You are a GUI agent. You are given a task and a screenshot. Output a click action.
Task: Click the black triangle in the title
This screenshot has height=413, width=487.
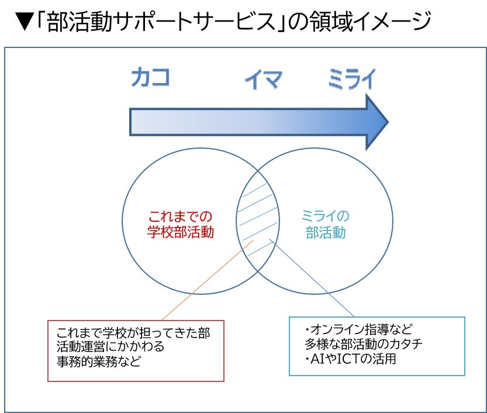click(22, 23)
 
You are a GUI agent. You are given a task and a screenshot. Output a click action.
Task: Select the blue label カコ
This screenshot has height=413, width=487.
click(150, 78)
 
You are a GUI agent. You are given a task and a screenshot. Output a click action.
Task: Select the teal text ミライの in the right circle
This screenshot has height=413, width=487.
click(325, 216)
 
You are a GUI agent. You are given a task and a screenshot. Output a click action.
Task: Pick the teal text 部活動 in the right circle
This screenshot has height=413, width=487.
click(326, 232)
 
